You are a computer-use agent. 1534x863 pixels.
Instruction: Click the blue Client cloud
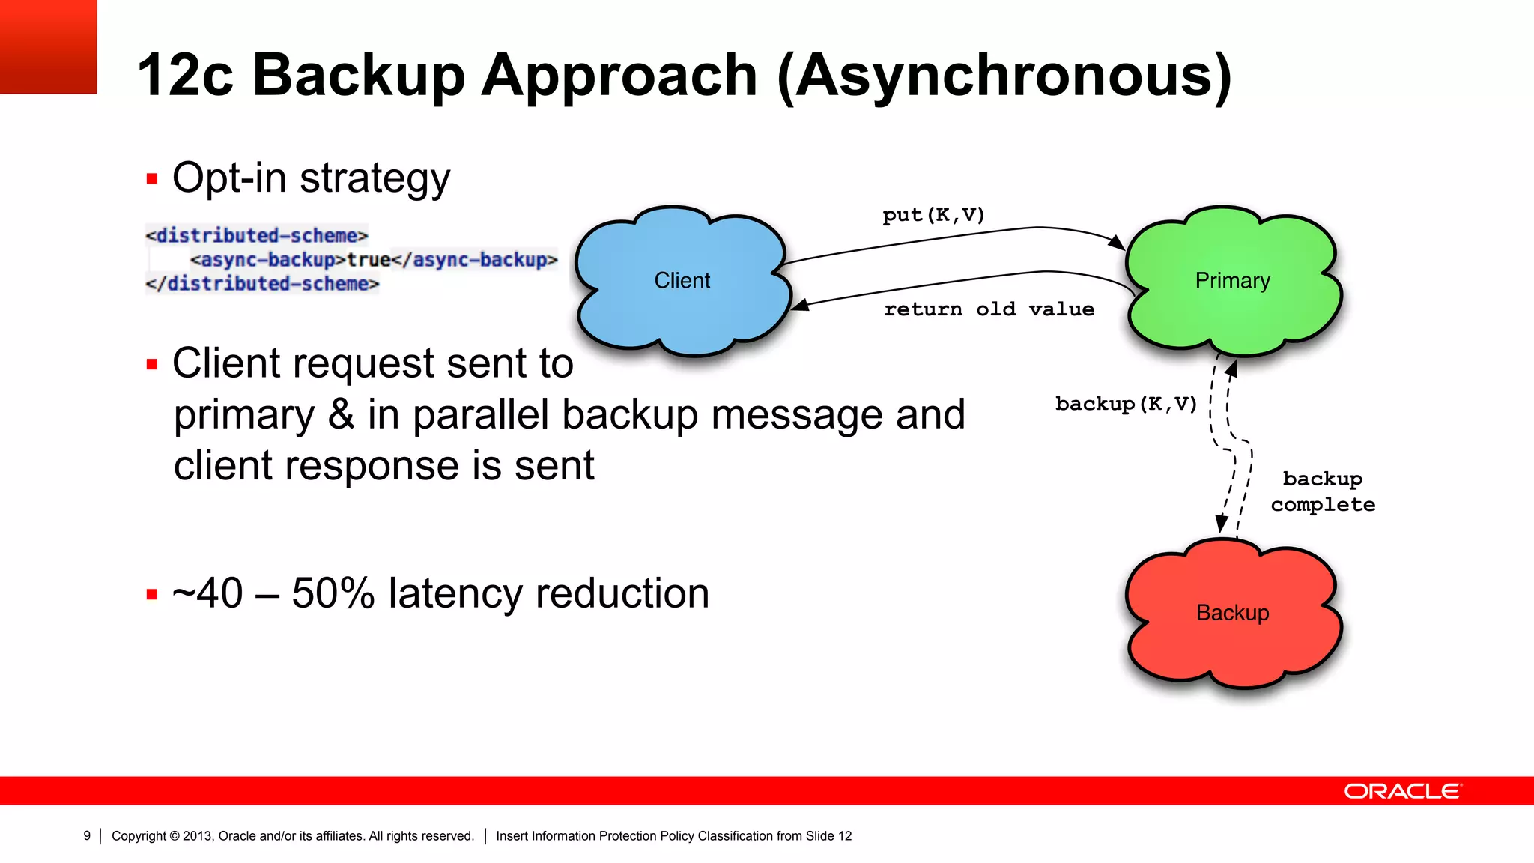point(682,280)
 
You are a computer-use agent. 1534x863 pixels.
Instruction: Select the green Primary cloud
point(1232,280)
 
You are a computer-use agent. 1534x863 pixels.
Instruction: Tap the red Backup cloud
point(1232,613)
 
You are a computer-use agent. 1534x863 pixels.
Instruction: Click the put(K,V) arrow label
point(933,216)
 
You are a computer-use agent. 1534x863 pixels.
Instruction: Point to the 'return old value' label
point(989,309)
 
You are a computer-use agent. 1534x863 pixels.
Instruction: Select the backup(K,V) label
point(1126,405)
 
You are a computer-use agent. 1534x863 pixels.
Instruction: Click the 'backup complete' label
point(1323,491)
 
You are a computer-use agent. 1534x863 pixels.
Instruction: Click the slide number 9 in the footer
point(87,836)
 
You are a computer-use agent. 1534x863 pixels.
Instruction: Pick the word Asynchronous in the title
point(1004,75)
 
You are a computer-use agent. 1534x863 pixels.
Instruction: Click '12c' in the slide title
point(185,75)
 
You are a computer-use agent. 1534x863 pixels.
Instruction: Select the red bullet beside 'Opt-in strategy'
point(152,179)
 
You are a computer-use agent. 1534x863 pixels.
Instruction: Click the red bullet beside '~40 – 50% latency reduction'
point(152,595)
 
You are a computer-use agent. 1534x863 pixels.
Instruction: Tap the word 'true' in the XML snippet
point(369,260)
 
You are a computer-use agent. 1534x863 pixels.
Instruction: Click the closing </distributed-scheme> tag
point(262,284)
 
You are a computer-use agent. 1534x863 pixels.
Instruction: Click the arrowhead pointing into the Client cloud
point(800,305)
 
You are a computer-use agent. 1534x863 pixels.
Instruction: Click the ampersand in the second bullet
point(341,414)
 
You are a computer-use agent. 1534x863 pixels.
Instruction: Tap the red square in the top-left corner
point(48,46)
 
